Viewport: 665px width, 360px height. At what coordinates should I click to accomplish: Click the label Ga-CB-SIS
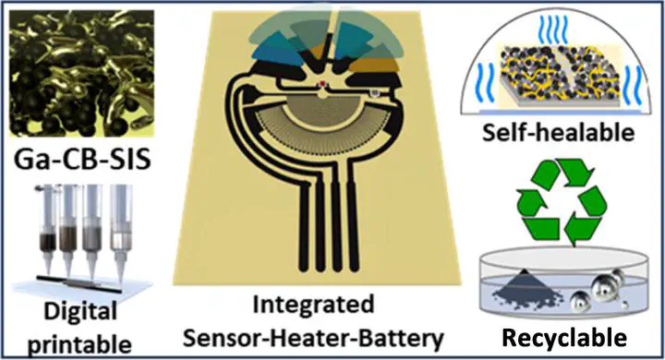[82, 160]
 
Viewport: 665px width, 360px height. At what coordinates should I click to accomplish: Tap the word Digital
[80, 312]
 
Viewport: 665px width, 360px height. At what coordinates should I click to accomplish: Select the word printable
[79, 343]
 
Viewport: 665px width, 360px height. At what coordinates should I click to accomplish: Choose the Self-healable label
[559, 132]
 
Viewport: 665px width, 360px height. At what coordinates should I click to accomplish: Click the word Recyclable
[564, 338]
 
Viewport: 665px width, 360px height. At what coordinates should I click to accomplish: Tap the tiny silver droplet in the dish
[623, 304]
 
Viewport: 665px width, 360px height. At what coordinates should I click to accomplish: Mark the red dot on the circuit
[322, 84]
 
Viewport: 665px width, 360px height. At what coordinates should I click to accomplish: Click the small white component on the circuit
[374, 91]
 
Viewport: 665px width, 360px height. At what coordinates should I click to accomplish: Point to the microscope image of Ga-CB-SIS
[82, 73]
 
